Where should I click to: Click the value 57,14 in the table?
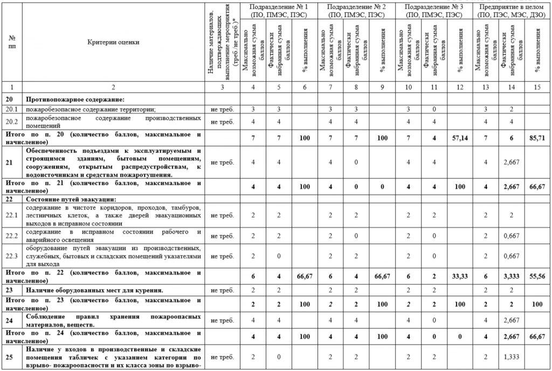pyautogui.click(x=460, y=138)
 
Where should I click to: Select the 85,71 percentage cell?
pyautogui.click(x=537, y=138)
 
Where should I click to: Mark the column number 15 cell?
pyautogui.click(x=537, y=87)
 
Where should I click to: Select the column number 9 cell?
pyautogui.click(x=383, y=87)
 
